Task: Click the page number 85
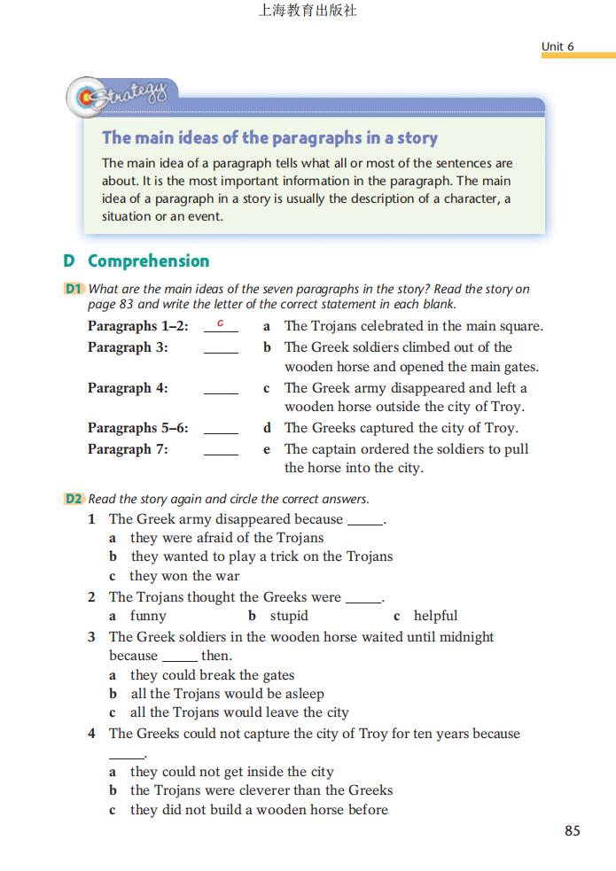[x=572, y=830]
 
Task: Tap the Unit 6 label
[x=558, y=46]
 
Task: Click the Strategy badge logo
[x=121, y=97]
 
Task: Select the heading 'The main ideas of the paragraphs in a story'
[x=269, y=137]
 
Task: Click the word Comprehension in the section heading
[x=148, y=261]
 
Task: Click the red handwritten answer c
[x=221, y=323]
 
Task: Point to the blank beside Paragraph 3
[x=221, y=349]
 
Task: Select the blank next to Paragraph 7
[x=221, y=451]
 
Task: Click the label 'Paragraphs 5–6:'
[x=138, y=428]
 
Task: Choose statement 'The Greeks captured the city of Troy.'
[x=401, y=428]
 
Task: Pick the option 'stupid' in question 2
[x=289, y=616]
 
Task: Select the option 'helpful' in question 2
[x=435, y=616]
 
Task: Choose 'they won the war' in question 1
[x=184, y=576]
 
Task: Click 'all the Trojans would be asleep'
[x=227, y=694]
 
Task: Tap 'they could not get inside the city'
[x=231, y=772]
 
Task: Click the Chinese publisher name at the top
[x=308, y=12]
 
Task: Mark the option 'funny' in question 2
[x=148, y=616]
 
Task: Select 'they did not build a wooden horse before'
[x=259, y=810]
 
